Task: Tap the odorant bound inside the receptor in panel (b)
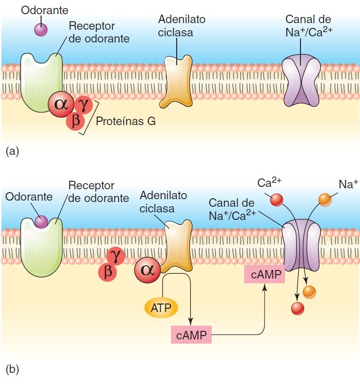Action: pyautogui.click(x=41, y=221)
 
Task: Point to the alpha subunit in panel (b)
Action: pyautogui.click(x=147, y=270)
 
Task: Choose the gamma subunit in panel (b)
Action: pyautogui.click(x=115, y=255)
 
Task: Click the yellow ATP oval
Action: pyautogui.click(x=161, y=308)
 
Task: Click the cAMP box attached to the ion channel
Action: pyautogui.click(x=263, y=274)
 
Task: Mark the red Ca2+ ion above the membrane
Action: pyautogui.click(x=275, y=200)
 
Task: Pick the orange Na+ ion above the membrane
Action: pyautogui.click(x=325, y=200)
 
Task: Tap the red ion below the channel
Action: pyautogui.click(x=297, y=308)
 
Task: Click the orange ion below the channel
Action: pyautogui.click(x=309, y=292)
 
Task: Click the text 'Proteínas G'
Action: pyautogui.click(x=126, y=121)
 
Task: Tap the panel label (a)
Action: pyautogui.click(x=12, y=151)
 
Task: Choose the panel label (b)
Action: pyautogui.click(x=12, y=369)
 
